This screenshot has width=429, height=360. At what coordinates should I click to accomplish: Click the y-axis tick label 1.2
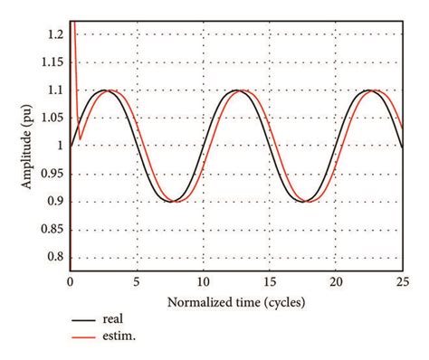[x=53, y=34]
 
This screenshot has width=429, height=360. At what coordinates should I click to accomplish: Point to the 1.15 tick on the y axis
[x=51, y=62]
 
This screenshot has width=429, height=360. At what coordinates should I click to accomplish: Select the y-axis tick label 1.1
[x=53, y=90]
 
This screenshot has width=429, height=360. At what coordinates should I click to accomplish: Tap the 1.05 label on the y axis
[x=51, y=118]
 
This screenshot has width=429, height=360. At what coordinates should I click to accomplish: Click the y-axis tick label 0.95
[x=51, y=174]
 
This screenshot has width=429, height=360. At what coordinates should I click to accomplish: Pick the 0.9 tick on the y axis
[x=53, y=202]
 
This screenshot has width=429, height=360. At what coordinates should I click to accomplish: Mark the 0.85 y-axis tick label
[x=51, y=230]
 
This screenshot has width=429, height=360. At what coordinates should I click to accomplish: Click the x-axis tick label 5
[x=137, y=281]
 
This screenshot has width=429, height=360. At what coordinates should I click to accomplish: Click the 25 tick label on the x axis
[x=401, y=281]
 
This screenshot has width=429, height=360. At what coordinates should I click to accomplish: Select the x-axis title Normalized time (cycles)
[x=235, y=299]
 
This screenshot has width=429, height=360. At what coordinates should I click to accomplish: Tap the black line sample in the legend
[x=86, y=320]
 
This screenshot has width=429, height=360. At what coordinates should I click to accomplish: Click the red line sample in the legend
[x=86, y=336]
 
